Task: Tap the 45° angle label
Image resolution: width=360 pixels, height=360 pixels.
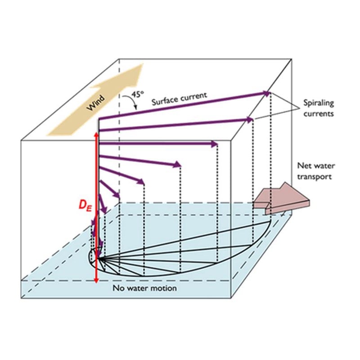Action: click(x=138, y=94)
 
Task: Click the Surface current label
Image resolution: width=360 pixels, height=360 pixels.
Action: click(x=179, y=99)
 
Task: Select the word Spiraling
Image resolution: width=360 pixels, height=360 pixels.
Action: click(x=319, y=103)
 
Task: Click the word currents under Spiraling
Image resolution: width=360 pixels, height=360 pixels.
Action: click(x=319, y=114)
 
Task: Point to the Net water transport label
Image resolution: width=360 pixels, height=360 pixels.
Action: click(x=316, y=171)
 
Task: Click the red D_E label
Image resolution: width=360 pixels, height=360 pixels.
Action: click(x=85, y=205)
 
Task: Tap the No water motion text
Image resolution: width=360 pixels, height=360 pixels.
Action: click(x=144, y=288)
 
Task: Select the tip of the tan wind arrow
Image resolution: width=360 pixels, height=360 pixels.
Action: click(x=143, y=64)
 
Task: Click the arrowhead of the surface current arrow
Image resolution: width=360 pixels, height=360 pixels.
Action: click(x=267, y=93)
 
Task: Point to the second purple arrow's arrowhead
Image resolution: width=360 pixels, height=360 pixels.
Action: click(x=249, y=120)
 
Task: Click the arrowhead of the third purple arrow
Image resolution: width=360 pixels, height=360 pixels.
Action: click(x=215, y=144)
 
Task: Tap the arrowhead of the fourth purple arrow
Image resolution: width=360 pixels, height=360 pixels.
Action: click(x=177, y=165)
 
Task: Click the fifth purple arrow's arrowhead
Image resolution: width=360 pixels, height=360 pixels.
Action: click(x=140, y=181)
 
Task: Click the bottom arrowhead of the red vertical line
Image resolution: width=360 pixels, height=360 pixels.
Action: click(x=96, y=280)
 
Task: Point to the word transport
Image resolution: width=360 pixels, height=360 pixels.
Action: click(x=314, y=177)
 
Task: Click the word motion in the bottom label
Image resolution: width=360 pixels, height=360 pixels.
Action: click(x=165, y=288)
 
